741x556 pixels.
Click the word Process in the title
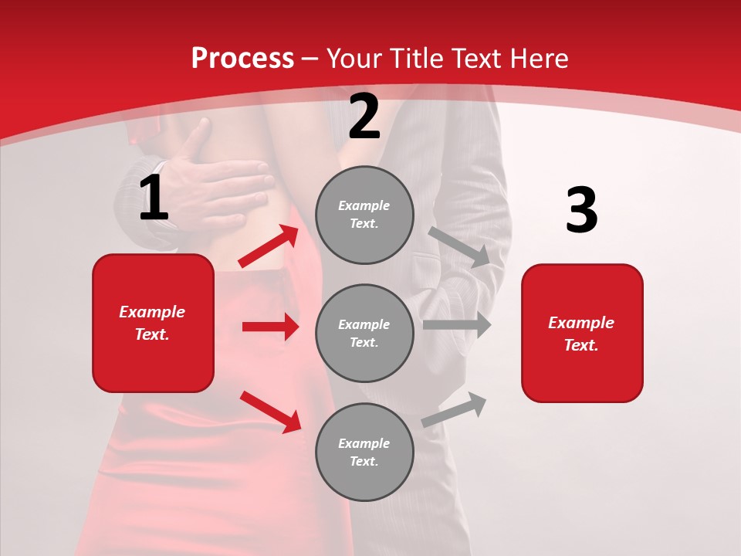pos(242,59)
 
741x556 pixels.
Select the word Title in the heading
pos(416,59)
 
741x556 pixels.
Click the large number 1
pos(154,198)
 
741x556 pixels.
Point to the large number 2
pos(364,117)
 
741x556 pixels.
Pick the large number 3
pos(581,211)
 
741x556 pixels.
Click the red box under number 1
pos(153,323)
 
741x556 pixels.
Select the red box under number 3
pos(582,334)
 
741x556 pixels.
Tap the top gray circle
pos(364,215)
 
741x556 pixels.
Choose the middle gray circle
pos(364,333)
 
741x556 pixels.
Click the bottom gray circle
pos(364,452)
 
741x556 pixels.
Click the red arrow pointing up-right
pos(269,246)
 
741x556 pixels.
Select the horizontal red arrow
pos(270,327)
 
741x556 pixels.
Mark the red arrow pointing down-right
pos(270,412)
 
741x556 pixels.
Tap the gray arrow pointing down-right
pos(460,247)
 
